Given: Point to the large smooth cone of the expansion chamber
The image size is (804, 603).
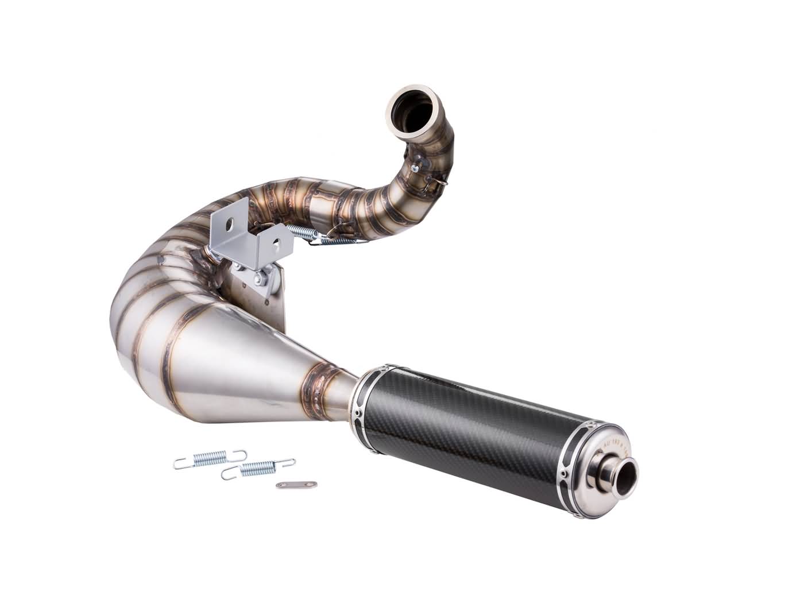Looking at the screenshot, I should tap(230, 368).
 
